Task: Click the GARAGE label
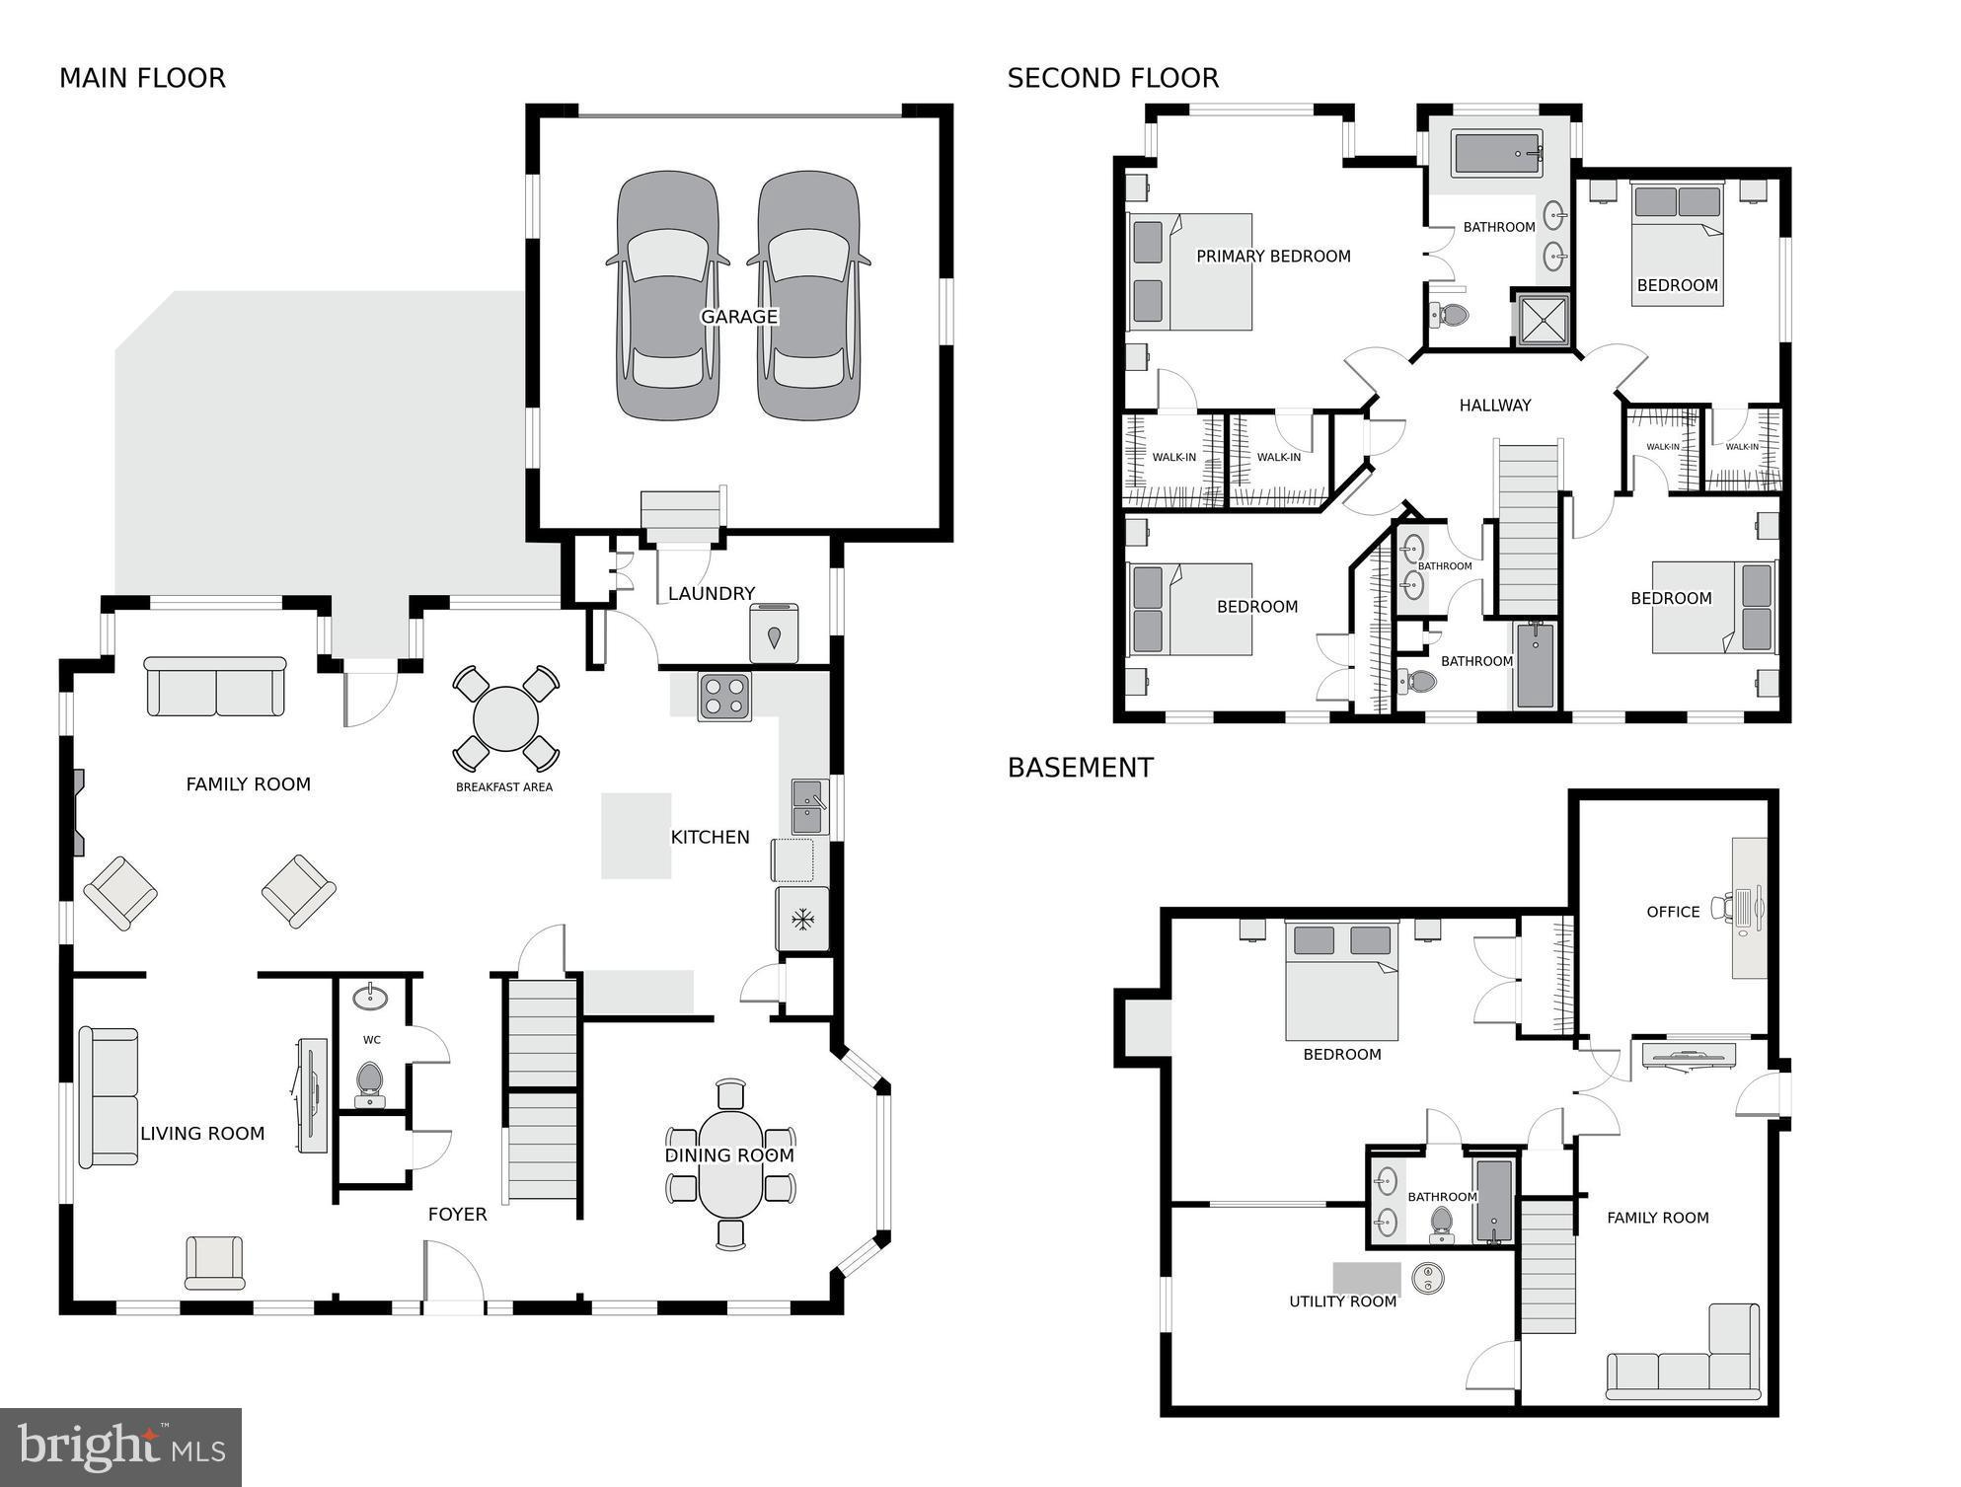click(739, 317)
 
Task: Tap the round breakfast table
click(505, 719)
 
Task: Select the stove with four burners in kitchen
click(724, 696)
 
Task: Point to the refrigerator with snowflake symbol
click(802, 920)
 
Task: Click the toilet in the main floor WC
click(370, 1082)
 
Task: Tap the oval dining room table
click(730, 1164)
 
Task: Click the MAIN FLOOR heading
click(142, 78)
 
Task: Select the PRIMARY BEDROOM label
click(1273, 257)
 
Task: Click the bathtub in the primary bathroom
click(1497, 154)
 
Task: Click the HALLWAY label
click(1494, 406)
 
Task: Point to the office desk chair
click(1724, 906)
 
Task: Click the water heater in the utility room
click(1427, 1279)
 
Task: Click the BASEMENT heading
click(1080, 768)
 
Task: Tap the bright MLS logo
click(120, 1448)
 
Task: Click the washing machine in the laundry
click(774, 633)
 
